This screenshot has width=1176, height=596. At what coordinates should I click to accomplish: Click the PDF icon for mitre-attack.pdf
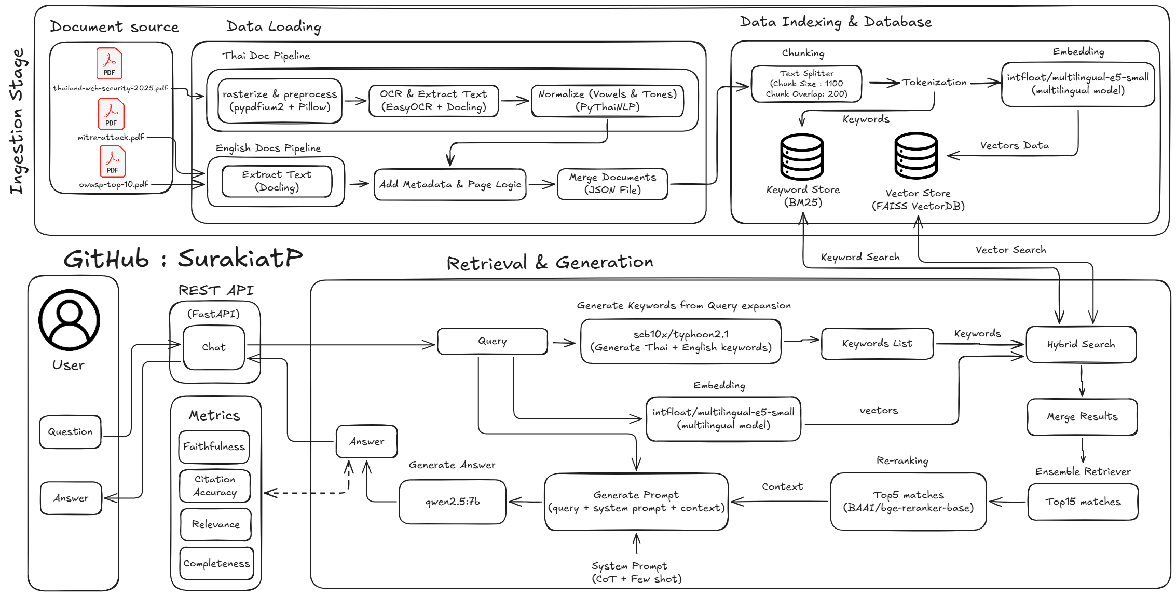click(x=111, y=114)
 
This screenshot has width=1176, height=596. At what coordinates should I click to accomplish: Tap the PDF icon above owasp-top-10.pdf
click(x=113, y=161)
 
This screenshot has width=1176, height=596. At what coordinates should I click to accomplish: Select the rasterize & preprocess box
click(x=280, y=101)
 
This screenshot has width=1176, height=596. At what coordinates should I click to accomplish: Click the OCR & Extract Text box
click(x=433, y=101)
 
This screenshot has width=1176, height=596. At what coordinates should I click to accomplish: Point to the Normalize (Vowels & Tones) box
click(x=607, y=101)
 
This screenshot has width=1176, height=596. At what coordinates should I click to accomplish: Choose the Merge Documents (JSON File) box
click(x=612, y=184)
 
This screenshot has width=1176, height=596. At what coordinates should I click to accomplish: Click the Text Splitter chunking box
click(x=806, y=84)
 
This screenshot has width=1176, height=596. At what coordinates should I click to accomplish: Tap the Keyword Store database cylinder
click(x=802, y=157)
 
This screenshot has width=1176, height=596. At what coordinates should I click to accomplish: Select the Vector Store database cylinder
click(x=916, y=155)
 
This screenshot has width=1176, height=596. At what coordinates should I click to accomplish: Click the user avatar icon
click(x=69, y=320)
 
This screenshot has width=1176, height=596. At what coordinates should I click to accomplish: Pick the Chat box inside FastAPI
click(x=214, y=347)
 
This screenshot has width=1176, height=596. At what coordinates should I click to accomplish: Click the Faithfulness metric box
click(x=214, y=446)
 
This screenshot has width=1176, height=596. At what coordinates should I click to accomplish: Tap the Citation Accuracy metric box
click(x=215, y=486)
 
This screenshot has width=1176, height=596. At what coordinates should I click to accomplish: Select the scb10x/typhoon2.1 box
click(x=681, y=341)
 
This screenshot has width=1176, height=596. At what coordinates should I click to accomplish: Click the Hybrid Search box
click(x=1081, y=344)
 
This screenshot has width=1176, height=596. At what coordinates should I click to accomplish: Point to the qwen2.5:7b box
click(x=453, y=502)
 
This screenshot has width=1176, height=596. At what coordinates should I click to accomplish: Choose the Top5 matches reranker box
click(x=908, y=502)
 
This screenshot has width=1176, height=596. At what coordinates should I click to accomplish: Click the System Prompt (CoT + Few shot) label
click(x=637, y=572)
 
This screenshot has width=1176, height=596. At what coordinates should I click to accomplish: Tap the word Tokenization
click(x=934, y=82)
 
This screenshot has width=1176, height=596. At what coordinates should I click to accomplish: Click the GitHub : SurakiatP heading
click(x=183, y=258)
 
